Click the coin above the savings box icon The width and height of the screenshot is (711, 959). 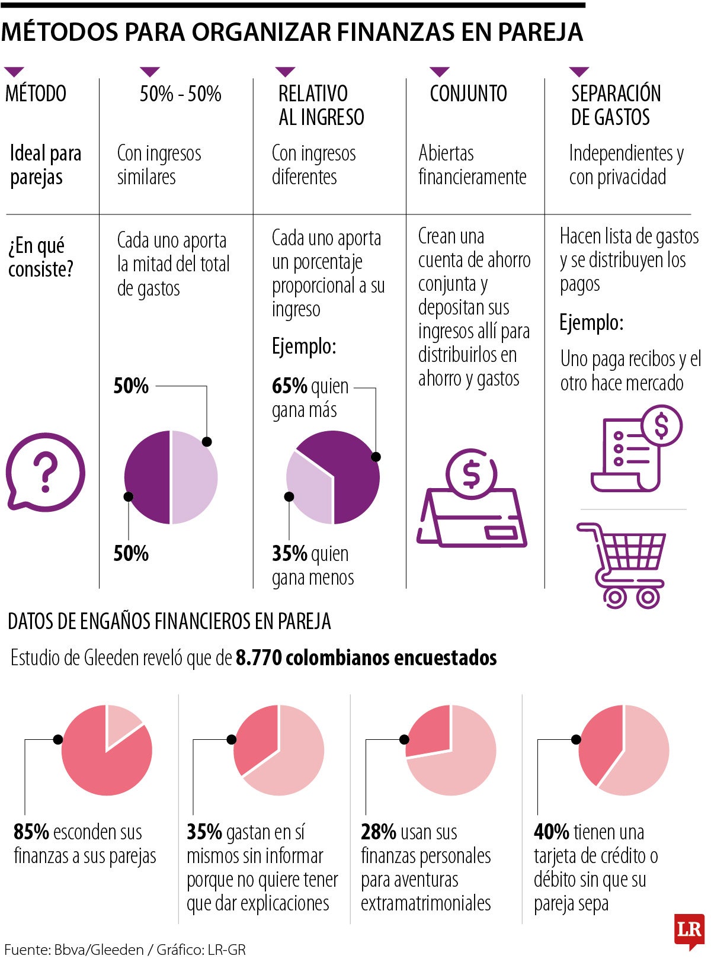[x=472, y=473]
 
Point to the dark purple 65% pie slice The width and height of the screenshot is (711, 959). [x=350, y=474]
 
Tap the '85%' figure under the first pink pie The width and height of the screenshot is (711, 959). [x=31, y=832]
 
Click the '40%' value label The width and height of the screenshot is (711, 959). [x=551, y=832]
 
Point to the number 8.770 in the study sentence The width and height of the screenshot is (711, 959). [x=258, y=658]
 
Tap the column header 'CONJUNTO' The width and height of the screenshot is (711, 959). [x=468, y=94]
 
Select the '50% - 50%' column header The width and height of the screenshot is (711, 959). [x=180, y=94]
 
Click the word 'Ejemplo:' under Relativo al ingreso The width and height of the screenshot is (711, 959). [x=304, y=346]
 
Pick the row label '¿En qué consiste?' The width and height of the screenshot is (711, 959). [x=40, y=257]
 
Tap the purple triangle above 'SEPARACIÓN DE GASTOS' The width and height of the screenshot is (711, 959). [x=578, y=72]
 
